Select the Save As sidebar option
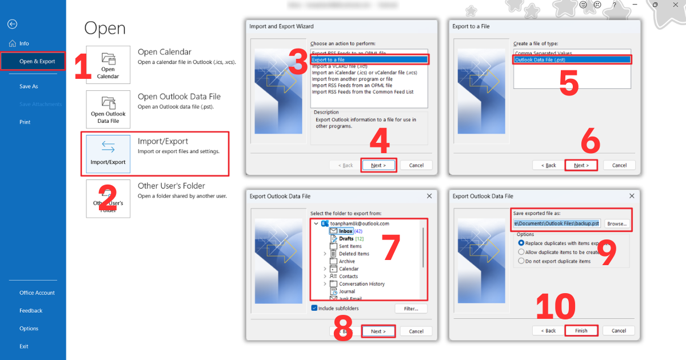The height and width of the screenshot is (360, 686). [x=29, y=86]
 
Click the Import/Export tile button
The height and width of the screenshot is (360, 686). [x=108, y=154]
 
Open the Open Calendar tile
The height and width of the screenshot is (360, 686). [x=108, y=65]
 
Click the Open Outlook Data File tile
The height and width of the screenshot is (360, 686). [x=108, y=109]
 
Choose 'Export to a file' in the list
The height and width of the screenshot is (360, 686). [x=369, y=59]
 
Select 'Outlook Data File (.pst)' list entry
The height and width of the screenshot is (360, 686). [x=572, y=59]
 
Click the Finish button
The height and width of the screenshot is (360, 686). [x=581, y=331]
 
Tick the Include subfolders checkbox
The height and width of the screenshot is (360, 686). [x=314, y=308]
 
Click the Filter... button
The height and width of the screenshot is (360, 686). [x=410, y=309]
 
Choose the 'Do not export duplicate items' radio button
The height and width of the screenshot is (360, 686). [x=521, y=261]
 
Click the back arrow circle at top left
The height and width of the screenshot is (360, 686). [x=12, y=24]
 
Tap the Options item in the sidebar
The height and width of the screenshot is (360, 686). [x=29, y=329]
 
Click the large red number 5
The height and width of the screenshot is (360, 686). [x=568, y=83]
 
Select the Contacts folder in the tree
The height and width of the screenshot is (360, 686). [x=348, y=276]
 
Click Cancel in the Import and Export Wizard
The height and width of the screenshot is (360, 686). [x=416, y=165]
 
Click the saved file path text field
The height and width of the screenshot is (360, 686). [x=556, y=223]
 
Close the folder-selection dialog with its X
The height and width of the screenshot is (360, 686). [x=430, y=196]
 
